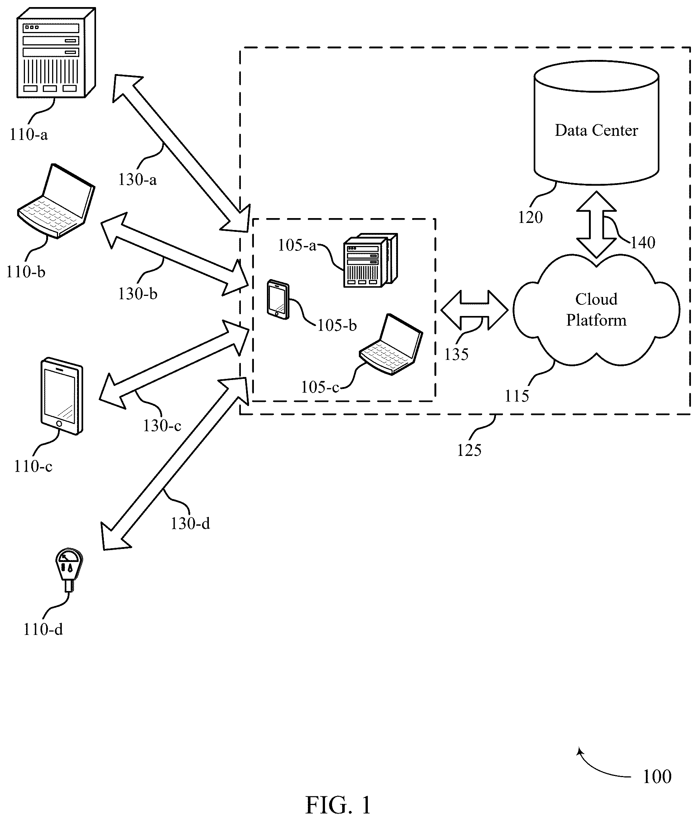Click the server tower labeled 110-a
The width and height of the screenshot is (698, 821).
[56, 52]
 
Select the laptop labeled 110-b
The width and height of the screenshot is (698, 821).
[56, 201]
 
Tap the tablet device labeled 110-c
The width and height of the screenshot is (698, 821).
[62, 396]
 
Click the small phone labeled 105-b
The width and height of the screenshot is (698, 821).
[278, 299]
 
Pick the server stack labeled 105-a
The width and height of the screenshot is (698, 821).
[370, 260]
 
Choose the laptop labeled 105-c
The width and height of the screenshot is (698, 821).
[391, 344]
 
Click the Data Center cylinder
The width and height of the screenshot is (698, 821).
[596, 123]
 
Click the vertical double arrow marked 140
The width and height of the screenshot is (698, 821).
[596, 224]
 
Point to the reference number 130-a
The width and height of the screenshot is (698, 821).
[137, 180]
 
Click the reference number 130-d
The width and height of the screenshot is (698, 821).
[190, 524]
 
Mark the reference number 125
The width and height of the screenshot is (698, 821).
[469, 450]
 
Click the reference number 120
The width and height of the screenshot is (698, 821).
[530, 217]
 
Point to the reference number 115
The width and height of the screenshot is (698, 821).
[517, 396]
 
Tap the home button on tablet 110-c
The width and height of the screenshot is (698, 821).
[59, 424]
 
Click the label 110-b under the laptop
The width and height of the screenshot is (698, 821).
[26, 272]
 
